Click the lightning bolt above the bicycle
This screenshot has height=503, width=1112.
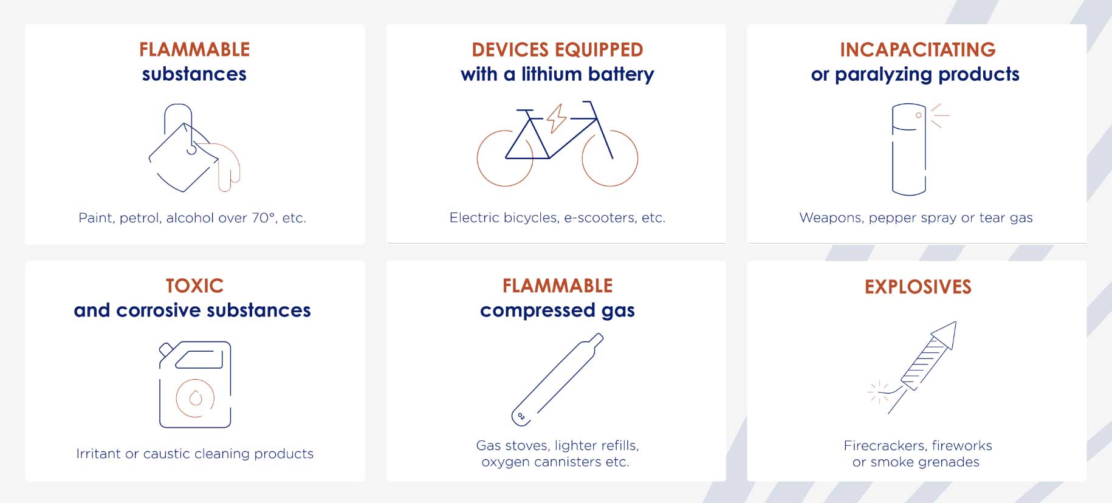pos(556,118)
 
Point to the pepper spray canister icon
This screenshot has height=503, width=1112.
pos(909,149)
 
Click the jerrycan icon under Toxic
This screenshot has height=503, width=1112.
pos(195,385)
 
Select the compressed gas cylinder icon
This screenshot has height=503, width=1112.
pos(557,379)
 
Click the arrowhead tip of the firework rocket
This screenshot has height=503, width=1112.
pos(956,322)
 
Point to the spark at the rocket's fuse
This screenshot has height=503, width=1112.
pos(879,392)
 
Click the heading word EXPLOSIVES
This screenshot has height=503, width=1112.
pos(918,287)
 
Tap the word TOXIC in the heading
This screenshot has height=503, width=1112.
pos(194,286)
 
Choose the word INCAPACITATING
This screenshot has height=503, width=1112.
pos(918,50)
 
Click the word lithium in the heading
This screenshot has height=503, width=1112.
pos(552,74)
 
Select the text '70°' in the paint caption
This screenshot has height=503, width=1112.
pos(263,217)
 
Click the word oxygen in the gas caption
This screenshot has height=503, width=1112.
pos(503,462)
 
